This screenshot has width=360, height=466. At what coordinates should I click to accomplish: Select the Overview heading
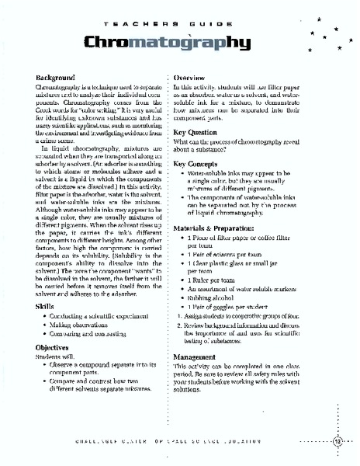[189, 78]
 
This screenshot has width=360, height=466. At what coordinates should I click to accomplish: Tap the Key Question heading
[198, 132]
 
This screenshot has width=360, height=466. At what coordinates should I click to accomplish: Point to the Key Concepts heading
[199, 165]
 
